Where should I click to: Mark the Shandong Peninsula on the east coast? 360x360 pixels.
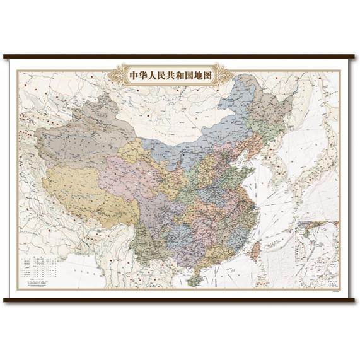(x=246, y=171)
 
